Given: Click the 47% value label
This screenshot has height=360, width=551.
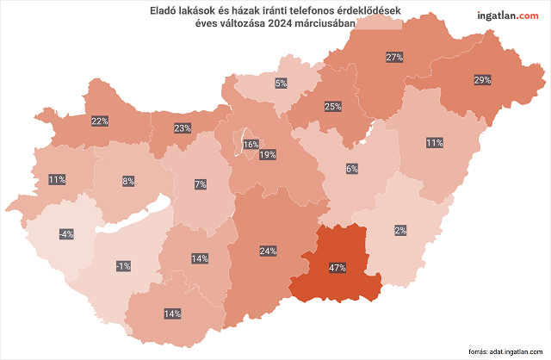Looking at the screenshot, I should tap(337, 269).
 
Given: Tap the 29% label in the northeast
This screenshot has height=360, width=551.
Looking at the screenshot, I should tap(482, 80).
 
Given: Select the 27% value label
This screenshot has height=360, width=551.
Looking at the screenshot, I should tap(395, 58).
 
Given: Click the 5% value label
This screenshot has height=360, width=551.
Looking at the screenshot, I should tap(281, 84).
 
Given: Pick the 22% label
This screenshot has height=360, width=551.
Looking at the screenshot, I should tap(100, 121).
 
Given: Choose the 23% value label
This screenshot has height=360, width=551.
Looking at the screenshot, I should tap(183, 128).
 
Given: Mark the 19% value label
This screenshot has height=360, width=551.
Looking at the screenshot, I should tap(268, 155).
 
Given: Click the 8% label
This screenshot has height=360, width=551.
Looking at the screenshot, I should tap(128, 181).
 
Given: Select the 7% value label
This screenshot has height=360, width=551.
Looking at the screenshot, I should tap(200, 184).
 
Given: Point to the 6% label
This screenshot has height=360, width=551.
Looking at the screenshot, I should tap(351, 169).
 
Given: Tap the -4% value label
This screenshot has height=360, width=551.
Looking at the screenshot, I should tap(66, 234).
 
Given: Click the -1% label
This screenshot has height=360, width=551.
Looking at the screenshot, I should tap(123, 267).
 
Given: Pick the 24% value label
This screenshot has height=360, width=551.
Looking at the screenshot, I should tap(268, 251).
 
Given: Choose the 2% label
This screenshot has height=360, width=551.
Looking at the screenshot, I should tap(400, 230).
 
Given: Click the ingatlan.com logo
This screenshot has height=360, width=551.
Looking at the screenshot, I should tap(507, 15).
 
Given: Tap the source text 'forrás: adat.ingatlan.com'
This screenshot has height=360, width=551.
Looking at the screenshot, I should tap(505, 352).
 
